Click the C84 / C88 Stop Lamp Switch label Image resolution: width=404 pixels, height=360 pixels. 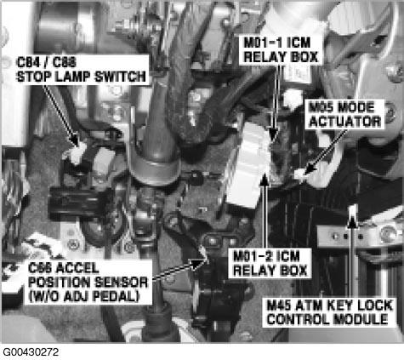pos(81,70)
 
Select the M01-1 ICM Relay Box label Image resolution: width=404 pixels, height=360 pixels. pos(281,50)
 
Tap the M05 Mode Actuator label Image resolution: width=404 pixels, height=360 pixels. pos(345,114)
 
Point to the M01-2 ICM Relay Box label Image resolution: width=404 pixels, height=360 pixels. pos(270,264)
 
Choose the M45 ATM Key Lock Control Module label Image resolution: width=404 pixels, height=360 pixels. pos(330,312)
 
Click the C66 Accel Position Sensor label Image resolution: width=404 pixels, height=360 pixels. pos(88,283)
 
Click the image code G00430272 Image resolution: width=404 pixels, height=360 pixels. pos(31,352)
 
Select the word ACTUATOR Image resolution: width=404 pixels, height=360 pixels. pos(345,122)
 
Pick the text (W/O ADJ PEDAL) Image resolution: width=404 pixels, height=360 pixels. pos(84,296)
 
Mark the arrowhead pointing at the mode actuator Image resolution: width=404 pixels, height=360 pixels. pos(310,169)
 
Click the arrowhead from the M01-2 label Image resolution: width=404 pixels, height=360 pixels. pos(265,180)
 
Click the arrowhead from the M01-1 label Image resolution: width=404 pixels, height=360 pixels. pos(273,134)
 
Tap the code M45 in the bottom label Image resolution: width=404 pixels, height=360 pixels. pos(279,306)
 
